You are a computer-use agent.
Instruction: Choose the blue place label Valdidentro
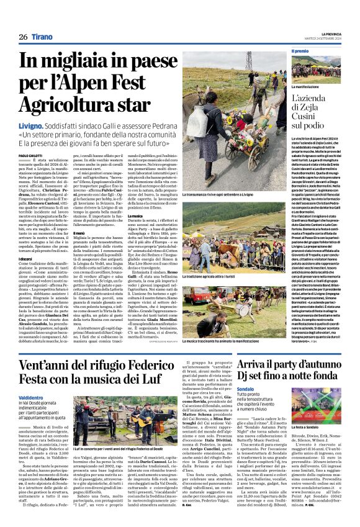[30, 397]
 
